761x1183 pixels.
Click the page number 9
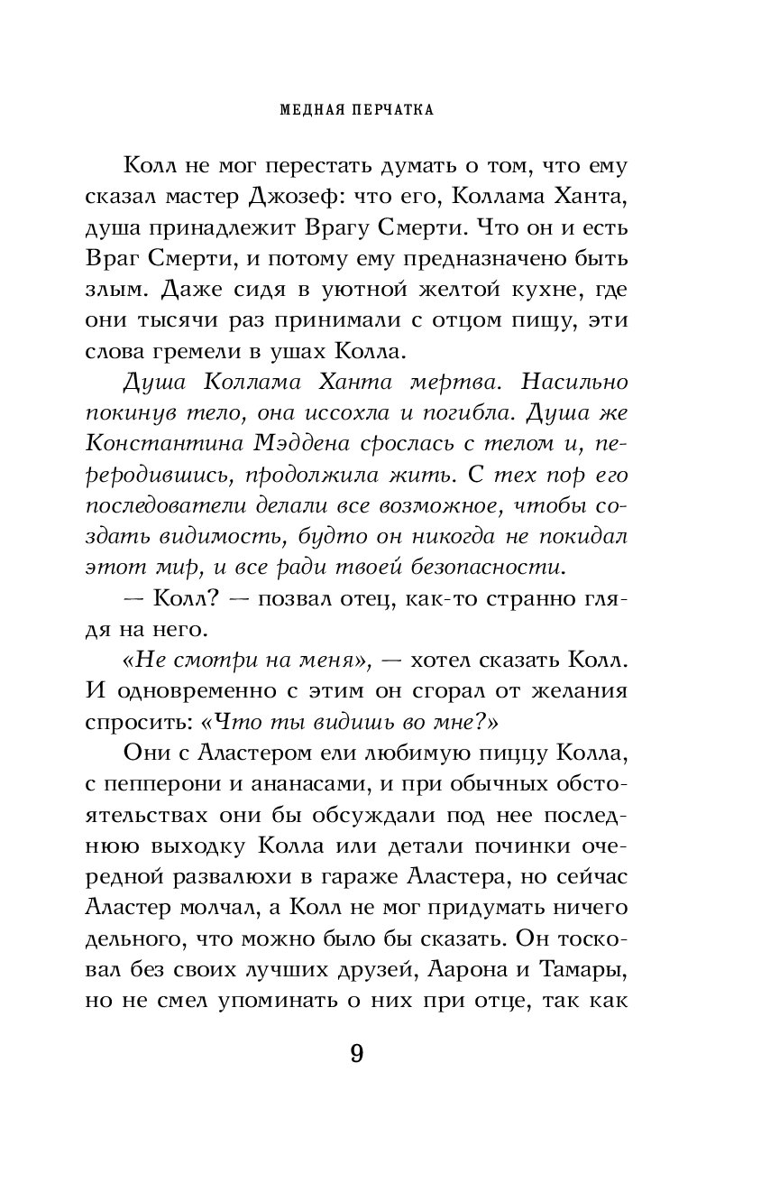coord(356,1054)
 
